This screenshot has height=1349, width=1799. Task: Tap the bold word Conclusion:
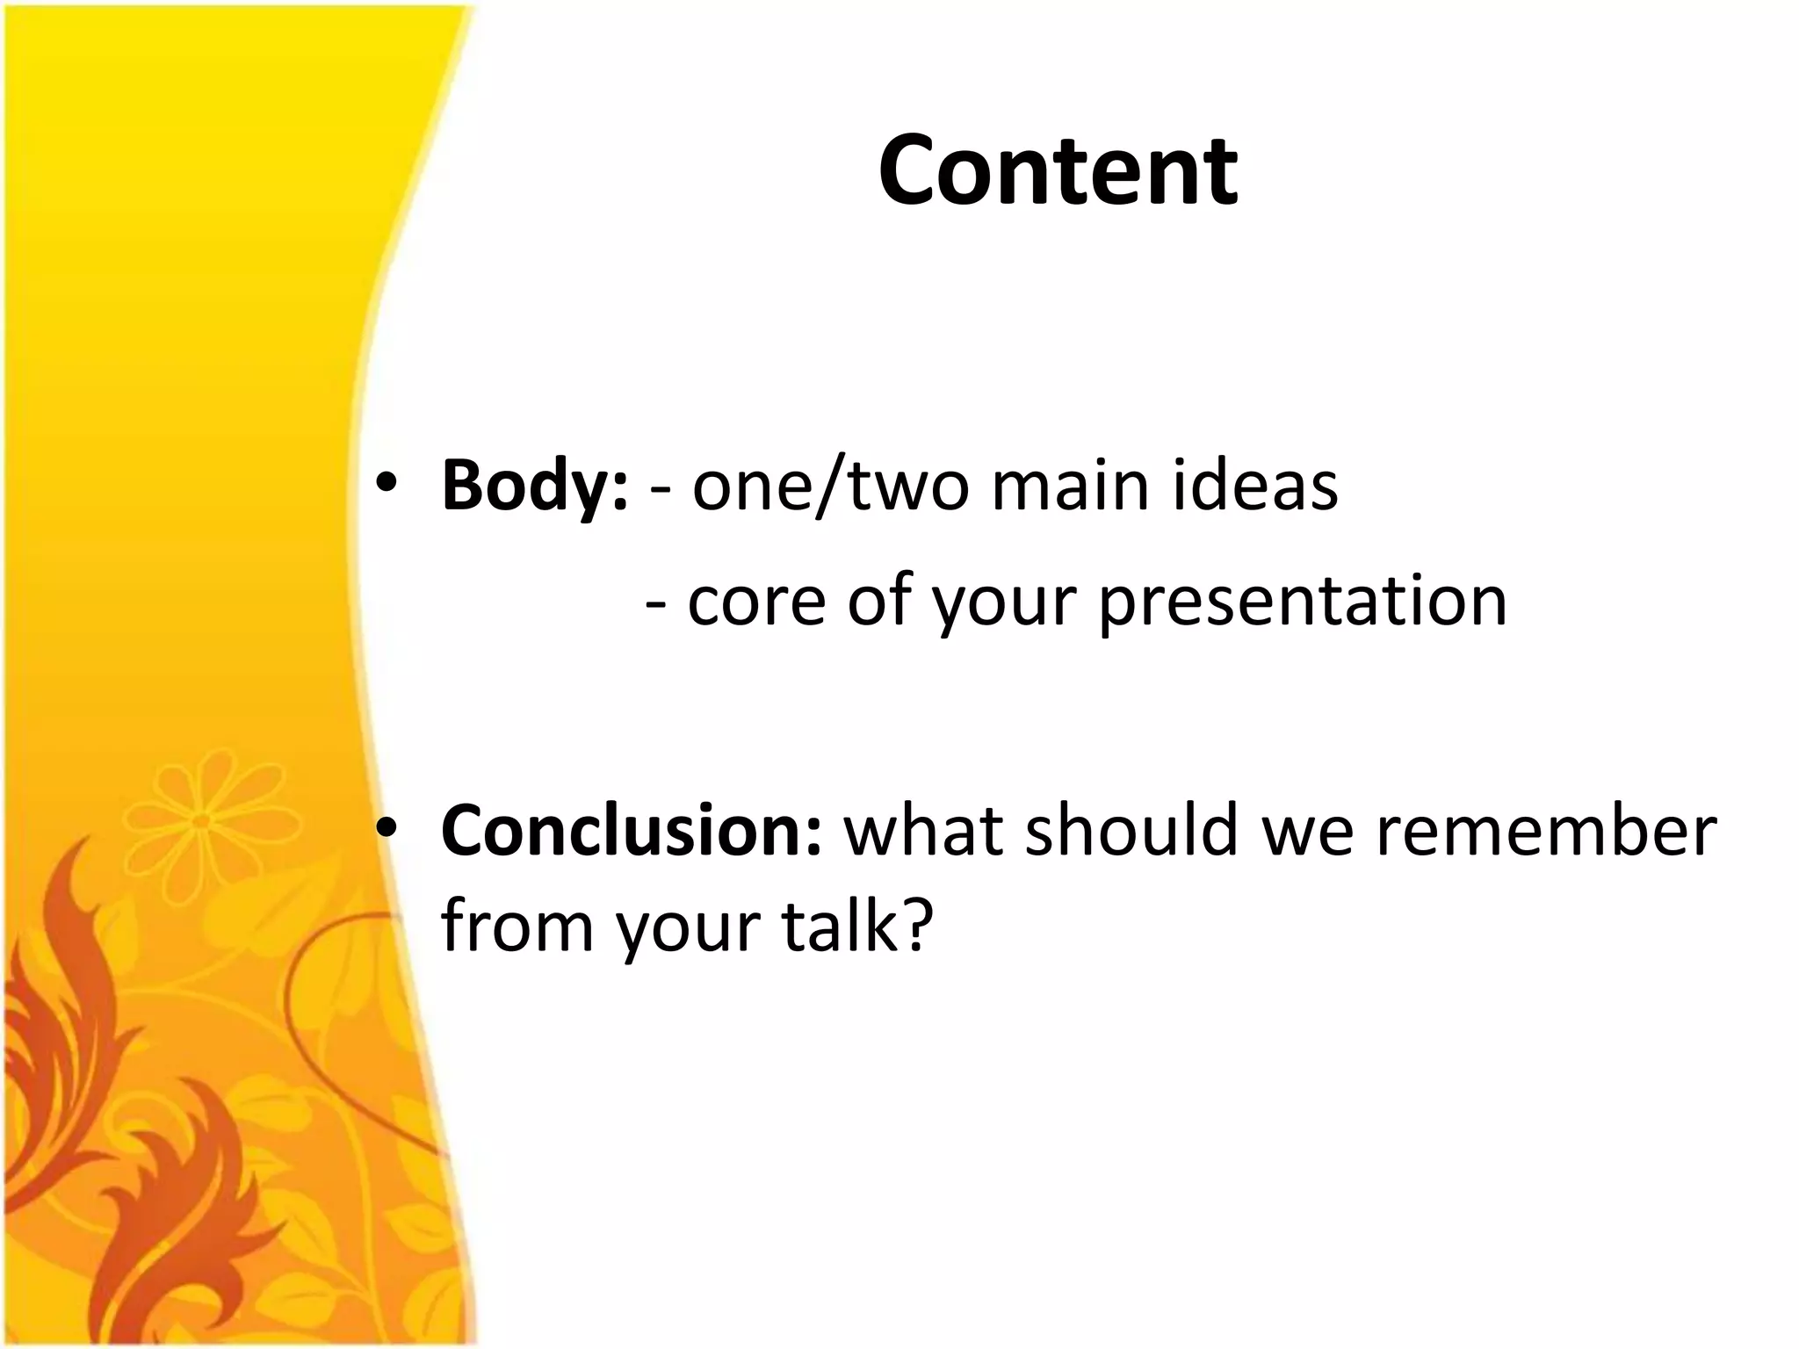pos(631,830)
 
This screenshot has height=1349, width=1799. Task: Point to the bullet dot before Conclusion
pos(387,829)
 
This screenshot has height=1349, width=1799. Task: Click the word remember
pos(1545,830)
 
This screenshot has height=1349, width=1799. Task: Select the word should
pos(1132,830)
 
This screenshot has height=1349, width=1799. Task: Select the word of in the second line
pos(879,602)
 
